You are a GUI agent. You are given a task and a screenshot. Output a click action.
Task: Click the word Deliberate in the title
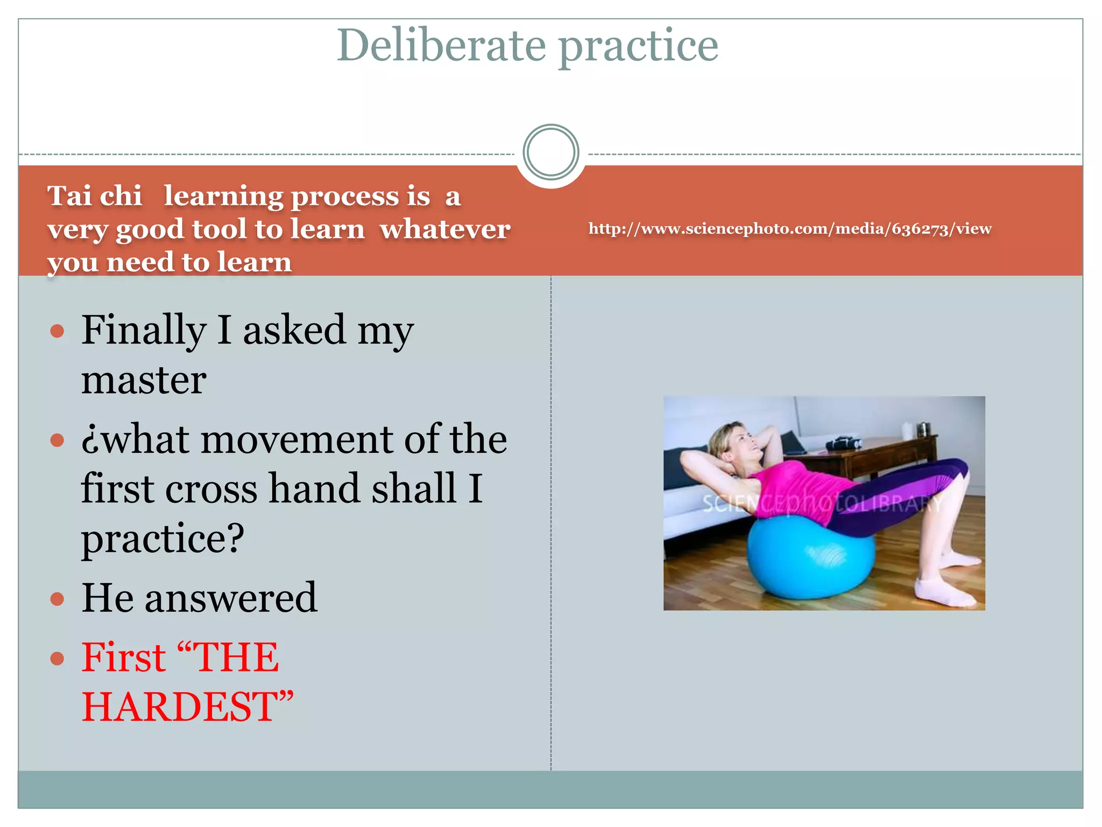(441, 46)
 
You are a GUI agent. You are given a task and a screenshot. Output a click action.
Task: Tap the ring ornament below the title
(550, 152)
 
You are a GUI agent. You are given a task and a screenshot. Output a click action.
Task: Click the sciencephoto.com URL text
(789, 229)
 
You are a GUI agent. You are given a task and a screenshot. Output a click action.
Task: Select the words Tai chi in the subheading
(95, 196)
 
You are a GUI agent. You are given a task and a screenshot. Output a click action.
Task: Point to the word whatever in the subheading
(444, 229)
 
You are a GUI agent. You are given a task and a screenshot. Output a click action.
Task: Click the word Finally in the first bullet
(144, 330)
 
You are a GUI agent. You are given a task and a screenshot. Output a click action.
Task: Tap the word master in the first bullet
(144, 380)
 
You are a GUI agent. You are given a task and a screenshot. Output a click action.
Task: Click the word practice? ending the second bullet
(163, 538)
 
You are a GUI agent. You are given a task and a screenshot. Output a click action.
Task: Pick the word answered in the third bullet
(230, 598)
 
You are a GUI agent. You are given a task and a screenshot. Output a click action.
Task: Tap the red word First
(124, 658)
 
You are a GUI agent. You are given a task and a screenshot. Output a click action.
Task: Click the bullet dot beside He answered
(57, 599)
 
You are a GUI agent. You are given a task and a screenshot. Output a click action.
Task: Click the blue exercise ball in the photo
(807, 560)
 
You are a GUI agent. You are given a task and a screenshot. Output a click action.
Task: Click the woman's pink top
(796, 485)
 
